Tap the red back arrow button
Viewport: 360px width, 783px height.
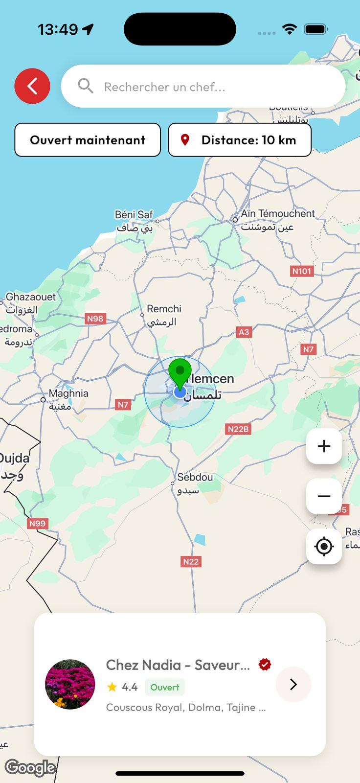click(x=32, y=86)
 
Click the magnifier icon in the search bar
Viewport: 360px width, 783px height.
click(x=86, y=86)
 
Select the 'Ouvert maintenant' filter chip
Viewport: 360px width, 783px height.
click(x=88, y=140)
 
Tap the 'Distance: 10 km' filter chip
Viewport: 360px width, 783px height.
click(x=240, y=140)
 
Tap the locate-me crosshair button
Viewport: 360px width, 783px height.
click(x=324, y=546)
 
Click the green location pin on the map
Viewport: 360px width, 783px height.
click(x=180, y=373)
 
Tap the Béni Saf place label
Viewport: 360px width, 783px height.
click(x=134, y=221)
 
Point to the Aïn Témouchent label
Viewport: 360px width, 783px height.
click(x=277, y=220)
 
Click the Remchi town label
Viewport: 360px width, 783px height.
click(x=163, y=315)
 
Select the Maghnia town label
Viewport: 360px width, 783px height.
click(x=68, y=399)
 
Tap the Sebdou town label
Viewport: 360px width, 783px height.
click(x=194, y=483)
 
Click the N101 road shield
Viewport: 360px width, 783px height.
click(x=301, y=271)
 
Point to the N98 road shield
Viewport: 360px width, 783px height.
click(x=95, y=319)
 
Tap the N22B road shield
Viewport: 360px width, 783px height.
click(x=238, y=429)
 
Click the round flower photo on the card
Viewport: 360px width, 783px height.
click(x=70, y=684)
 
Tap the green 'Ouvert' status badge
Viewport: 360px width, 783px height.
click(x=165, y=687)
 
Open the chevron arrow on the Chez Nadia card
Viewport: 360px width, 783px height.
click(x=293, y=684)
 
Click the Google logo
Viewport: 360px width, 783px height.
click(x=30, y=767)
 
